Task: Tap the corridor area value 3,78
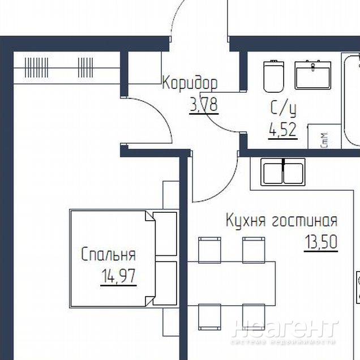coord(204,105)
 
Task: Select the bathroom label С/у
coord(284,108)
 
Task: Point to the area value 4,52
coord(283,130)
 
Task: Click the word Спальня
coord(109,254)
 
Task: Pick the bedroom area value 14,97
coord(119,276)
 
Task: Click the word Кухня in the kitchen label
coord(246,220)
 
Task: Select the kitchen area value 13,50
coord(321,242)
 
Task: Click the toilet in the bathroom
coord(273,76)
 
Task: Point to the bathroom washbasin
coord(312,75)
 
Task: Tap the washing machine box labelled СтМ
coord(324,136)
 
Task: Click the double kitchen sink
coord(283,172)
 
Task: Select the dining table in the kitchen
coord(232,284)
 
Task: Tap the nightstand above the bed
coord(171,195)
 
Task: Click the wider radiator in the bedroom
coord(36,67)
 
